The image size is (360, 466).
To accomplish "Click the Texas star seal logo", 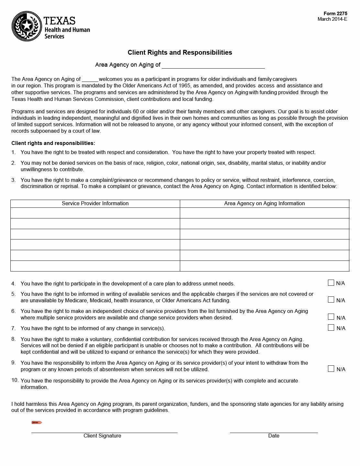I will coord(27,26).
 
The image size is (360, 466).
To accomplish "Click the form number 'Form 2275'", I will coord(335,14).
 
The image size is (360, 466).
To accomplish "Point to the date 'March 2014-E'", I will coord(332,19).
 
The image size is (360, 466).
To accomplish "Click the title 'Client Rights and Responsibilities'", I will coord(180,52).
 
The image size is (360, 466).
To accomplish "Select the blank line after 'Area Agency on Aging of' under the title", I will coord(213,65).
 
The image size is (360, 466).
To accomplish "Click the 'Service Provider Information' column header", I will coord(95,204).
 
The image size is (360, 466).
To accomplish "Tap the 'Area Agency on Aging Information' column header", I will coord(264,204).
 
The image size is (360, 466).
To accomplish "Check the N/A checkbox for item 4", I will coord(331,283).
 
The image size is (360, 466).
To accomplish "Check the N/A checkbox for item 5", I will coord(331,300).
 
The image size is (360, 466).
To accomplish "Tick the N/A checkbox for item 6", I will coord(331,317).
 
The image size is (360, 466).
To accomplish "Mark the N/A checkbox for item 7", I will coord(331,327).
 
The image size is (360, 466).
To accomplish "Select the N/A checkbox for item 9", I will coord(331,369).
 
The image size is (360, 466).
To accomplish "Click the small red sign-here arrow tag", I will coord(37,422).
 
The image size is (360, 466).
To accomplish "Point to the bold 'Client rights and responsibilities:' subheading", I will coord(53,143).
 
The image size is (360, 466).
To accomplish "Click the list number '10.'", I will coord(15,380).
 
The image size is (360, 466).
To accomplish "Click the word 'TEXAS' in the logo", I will coord(60,21).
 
